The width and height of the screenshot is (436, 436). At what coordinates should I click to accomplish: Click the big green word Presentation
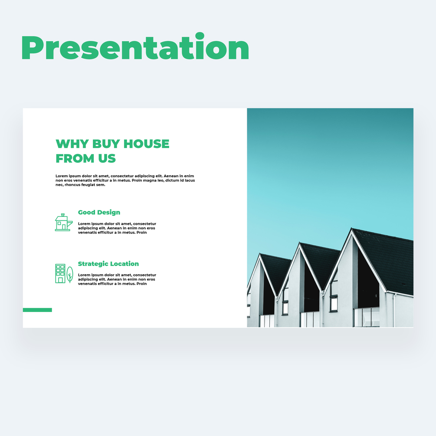point(135,46)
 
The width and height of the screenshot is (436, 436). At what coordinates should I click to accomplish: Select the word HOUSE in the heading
point(146,144)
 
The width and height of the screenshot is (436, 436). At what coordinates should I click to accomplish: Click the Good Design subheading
point(99,213)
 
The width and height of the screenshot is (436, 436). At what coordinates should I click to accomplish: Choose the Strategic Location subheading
point(108,264)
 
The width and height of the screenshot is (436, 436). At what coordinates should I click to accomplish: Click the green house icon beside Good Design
point(64,222)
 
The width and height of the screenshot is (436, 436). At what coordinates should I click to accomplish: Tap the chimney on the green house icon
point(63,215)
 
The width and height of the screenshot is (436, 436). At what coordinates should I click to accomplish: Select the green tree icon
point(70,275)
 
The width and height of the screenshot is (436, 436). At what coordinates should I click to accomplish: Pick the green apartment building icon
point(60,274)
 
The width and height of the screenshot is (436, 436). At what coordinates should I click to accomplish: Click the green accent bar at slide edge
point(37,310)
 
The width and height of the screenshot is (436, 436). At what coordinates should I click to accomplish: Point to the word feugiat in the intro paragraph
point(89,185)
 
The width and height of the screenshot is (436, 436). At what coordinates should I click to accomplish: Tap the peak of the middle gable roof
point(299,243)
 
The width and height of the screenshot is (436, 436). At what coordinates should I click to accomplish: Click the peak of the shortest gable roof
point(260,254)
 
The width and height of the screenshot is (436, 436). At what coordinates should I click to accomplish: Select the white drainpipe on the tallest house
point(394,310)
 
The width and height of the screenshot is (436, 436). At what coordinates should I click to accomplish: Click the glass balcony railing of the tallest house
point(367,317)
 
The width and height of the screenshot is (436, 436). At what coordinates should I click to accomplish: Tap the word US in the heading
point(107,158)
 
